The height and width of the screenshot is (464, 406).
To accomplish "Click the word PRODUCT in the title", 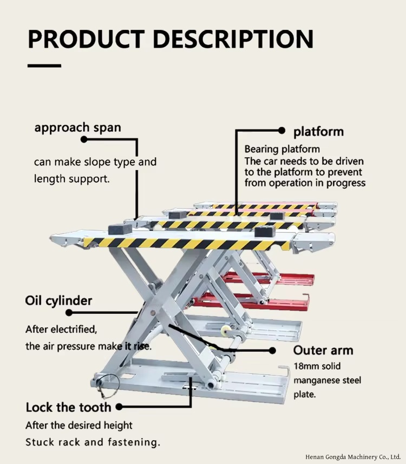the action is pyautogui.click(x=86, y=39).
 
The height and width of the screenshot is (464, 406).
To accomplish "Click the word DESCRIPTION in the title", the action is pyautogui.click(x=233, y=39).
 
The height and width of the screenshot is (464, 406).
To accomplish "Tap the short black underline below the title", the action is pyautogui.click(x=44, y=66).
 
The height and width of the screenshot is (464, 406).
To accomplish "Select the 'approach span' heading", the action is pyautogui.click(x=78, y=127).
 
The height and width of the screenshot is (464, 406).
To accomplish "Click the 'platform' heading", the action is pyautogui.click(x=318, y=132).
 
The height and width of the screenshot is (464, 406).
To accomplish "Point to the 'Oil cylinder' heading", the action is pyautogui.click(x=58, y=301).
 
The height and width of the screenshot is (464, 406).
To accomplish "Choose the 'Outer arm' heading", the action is pyautogui.click(x=323, y=350).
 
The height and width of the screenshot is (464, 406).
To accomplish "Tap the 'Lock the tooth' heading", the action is pyautogui.click(x=68, y=408).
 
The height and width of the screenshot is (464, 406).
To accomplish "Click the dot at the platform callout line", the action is pyautogui.click(x=282, y=130).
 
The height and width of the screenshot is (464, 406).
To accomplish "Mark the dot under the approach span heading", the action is pyautogui.click(x=84, y=139).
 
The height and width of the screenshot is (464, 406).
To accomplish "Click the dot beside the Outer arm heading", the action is pyautogui.click(x=272, y=351).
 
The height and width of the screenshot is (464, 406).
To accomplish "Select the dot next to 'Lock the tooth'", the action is pyautogui.click(x=119, y=407).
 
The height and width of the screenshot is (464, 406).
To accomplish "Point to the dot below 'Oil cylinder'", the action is pyautogui.click(x=69, y=312).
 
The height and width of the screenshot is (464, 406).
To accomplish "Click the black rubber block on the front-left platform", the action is pyautogui.click(x=120, y=230).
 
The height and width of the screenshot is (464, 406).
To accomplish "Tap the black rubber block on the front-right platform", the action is pyautogui.click(x=265, y=231).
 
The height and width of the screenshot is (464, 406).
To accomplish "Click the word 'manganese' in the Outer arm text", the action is pyautogui.click(x=316, y=381).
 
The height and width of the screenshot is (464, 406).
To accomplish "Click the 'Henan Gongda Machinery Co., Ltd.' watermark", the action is pyautogui.click(x=353, y=456).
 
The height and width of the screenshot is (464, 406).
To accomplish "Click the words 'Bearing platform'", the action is pyautogui.click(x=282, y=149).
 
